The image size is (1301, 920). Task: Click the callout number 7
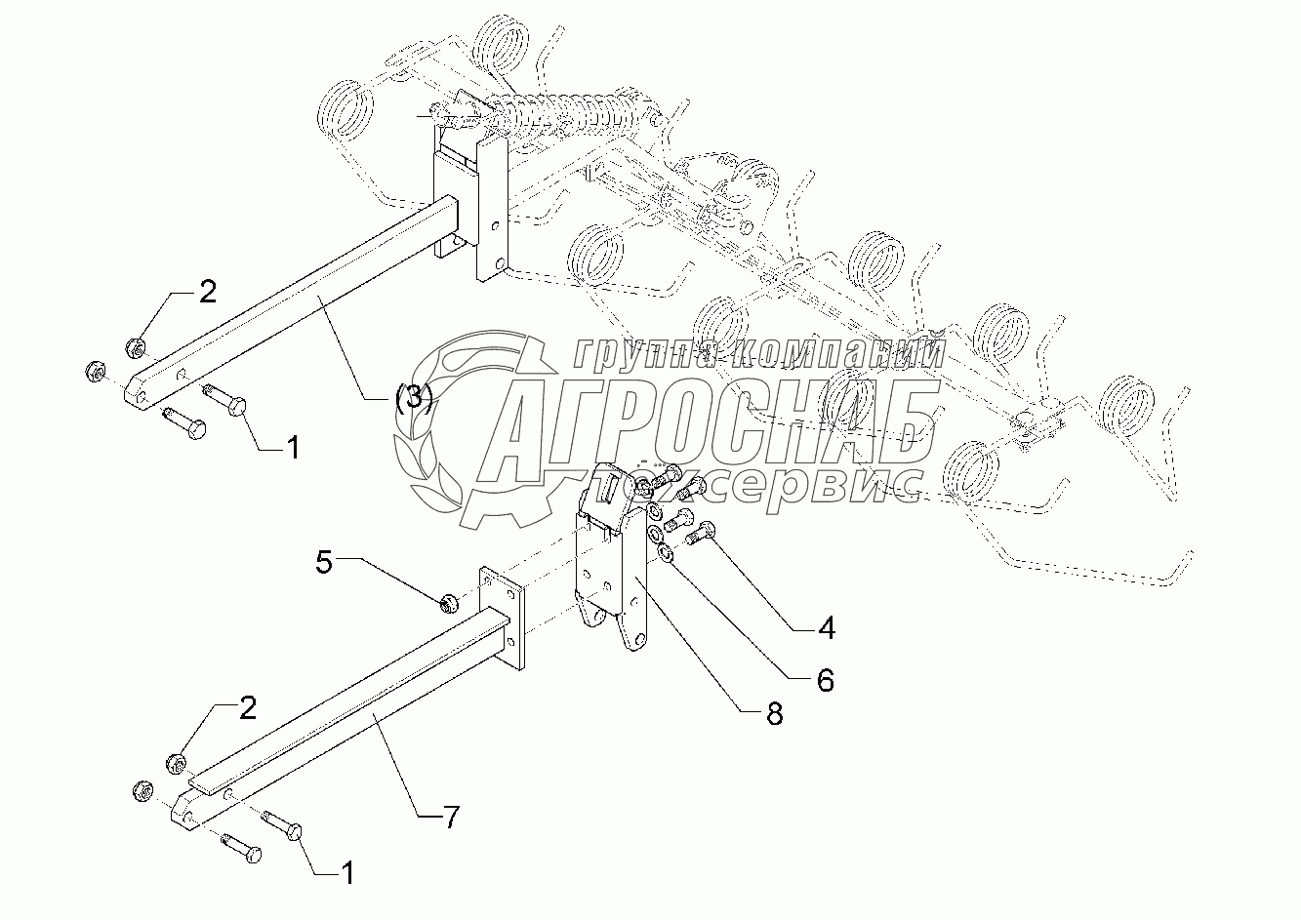pos(450,817)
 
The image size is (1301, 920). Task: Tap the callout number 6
pos(826,679)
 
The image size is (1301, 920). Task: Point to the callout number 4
pos(826,628)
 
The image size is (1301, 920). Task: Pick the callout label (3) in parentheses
pos(414,398)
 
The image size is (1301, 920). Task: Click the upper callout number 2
pos(207,291)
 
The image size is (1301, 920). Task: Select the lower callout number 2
pos(247,708)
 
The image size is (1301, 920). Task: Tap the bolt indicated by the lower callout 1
pos(283,826)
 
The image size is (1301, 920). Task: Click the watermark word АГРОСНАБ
pos(703,420)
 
